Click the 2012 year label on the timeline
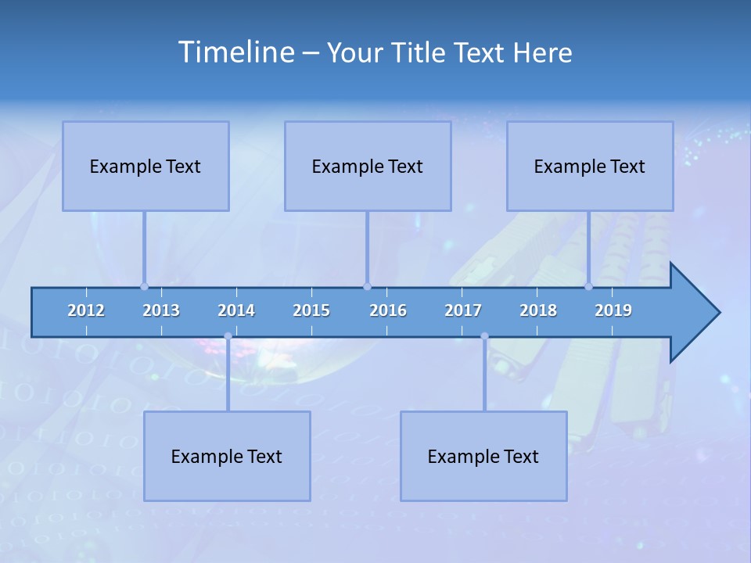click(x=86, y=310)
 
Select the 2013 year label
click(x=161, y=310)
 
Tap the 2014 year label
click(x=236, y=310)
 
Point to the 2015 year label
click(x=311, y=310)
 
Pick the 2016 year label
click(x=388, y=310)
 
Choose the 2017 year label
click(x=463, y=310)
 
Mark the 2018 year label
click(x=538, y=310)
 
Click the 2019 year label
click(x=613, y=310)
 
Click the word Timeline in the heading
click(x=235, y=52)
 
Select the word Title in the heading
click(x=421, y=53)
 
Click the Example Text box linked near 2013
click(x=146, y=166)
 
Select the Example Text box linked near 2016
click(x=368, y=166)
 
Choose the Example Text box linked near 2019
click(x=590, y=166)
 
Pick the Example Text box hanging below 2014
click(x=227, y=456)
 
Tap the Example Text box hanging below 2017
click(x=483, y=456)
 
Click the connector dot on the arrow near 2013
click(x=144, y=287)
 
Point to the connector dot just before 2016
click(x=367, y=287)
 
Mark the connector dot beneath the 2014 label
click(x=228, y=336)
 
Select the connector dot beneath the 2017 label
click(x=484, y=336)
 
